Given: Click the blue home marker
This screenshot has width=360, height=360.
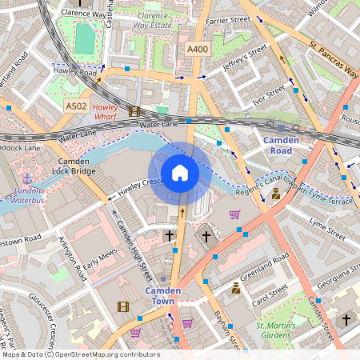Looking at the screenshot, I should [x=180, y=173].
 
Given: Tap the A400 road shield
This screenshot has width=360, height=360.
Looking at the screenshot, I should [x=198, y=50].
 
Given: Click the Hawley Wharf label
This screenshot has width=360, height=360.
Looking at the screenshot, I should [x=106, y=111].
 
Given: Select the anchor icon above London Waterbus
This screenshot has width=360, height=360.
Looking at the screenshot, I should [x=28, y=178].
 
